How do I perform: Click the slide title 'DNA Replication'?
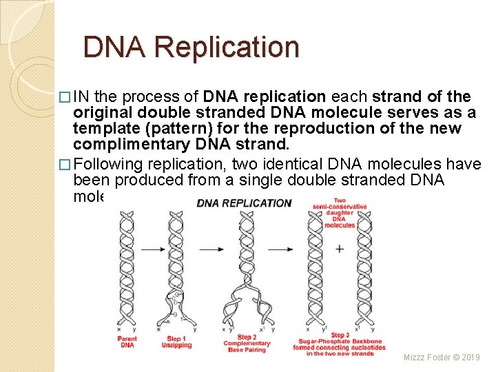pos(191,48)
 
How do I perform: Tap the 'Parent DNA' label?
pos(127,342)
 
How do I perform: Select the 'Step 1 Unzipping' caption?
pos(177,342)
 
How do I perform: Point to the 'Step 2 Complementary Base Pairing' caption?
pos(247,343)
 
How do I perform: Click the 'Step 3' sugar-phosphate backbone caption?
pos(338,344)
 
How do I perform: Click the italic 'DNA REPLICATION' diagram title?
pos(244,203)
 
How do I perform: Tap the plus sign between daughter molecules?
pos(339,249)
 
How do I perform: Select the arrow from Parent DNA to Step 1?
pos(152,248)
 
